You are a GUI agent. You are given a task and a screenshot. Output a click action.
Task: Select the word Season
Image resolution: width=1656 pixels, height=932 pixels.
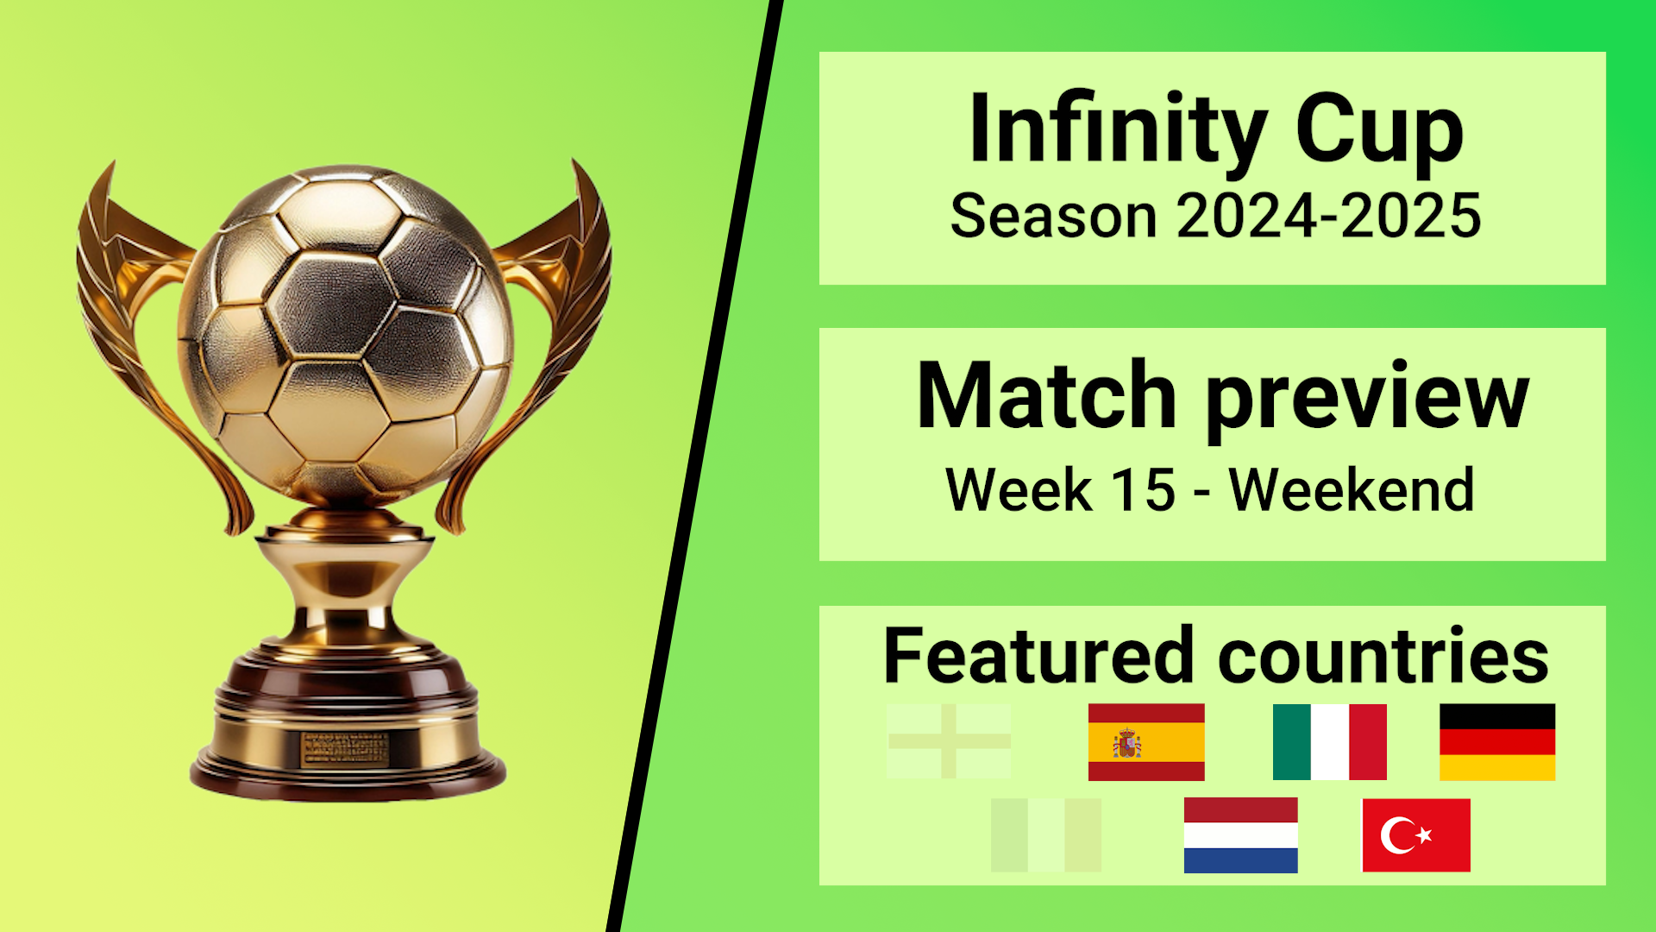[x=1053, y=216]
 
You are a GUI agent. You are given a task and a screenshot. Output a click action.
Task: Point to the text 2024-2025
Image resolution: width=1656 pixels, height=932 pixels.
[x=1329, y=216]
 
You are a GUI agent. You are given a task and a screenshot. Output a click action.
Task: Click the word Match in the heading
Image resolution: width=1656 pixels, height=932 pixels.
[x=1046, y=395]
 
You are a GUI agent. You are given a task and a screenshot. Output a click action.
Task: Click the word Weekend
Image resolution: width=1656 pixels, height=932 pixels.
[x=1352, y=490]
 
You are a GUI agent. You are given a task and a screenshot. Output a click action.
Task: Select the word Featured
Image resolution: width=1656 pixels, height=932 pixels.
[x=1038, y=656]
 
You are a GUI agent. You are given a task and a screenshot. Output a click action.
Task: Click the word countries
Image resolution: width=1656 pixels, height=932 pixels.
[x=1383, y=656]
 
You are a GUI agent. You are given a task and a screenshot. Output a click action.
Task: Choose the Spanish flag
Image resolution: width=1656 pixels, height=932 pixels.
[x=1146, y=742]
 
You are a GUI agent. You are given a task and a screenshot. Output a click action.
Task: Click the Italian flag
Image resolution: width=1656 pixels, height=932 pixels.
[x=1330, y=742]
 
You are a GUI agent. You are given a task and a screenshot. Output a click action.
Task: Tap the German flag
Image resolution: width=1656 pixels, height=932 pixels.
[x=1497, y=742]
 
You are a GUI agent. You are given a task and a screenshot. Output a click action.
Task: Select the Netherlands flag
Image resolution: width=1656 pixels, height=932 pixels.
[x=1240, y=835]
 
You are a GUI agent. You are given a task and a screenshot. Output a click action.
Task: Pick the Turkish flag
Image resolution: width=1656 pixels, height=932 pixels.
[x=1416, y=835]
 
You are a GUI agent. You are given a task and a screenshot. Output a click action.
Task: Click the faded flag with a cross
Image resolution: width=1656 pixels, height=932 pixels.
[x=949, y=741]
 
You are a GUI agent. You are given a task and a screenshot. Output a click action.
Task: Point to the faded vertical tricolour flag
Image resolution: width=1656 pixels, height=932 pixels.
[x=1046, y=835]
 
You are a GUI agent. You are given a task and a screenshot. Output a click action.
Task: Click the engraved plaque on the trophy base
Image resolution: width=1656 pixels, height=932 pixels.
[x=345, y=749]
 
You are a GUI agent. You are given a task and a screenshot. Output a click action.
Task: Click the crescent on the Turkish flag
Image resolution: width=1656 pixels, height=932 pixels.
[x=1396, y=835]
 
